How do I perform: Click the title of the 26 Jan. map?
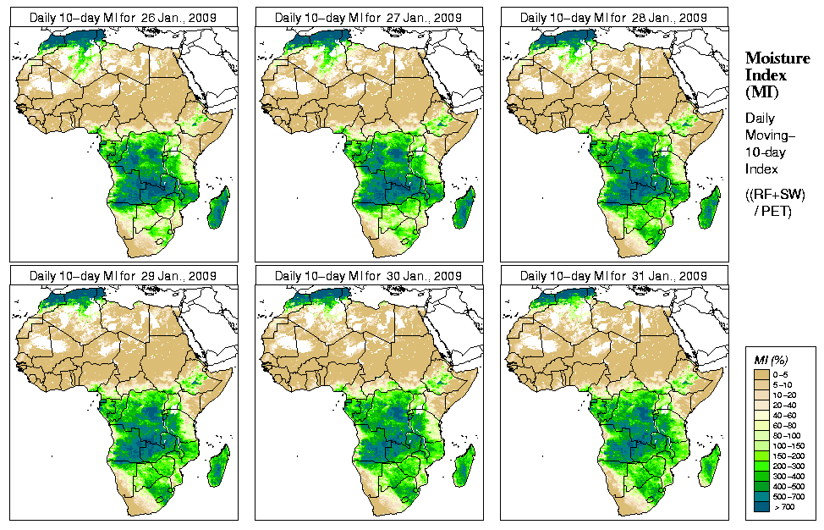point(123,17)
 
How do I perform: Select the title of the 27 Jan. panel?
point(368,17)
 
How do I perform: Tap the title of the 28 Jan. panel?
point(613,17)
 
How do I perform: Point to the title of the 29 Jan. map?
point(123,276)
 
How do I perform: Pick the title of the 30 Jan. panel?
point(368,276)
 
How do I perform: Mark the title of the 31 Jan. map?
point(613,276)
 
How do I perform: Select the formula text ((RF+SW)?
point(775,195)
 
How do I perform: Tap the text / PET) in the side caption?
point(773,211)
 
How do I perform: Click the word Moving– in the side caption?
point(770,135)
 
